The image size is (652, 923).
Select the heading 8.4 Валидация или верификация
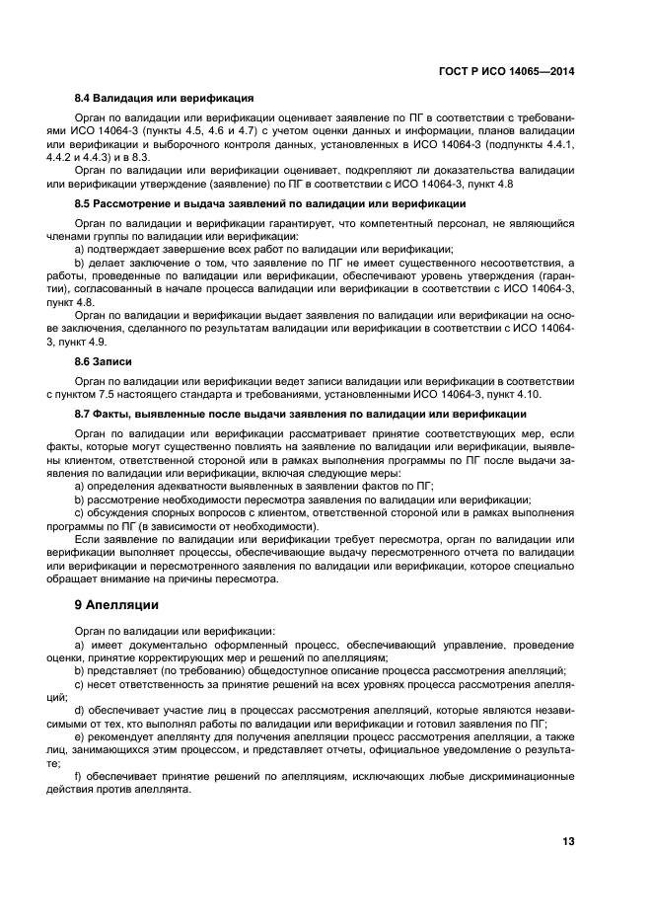point(165,98)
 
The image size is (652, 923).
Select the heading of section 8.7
point(301,414)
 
